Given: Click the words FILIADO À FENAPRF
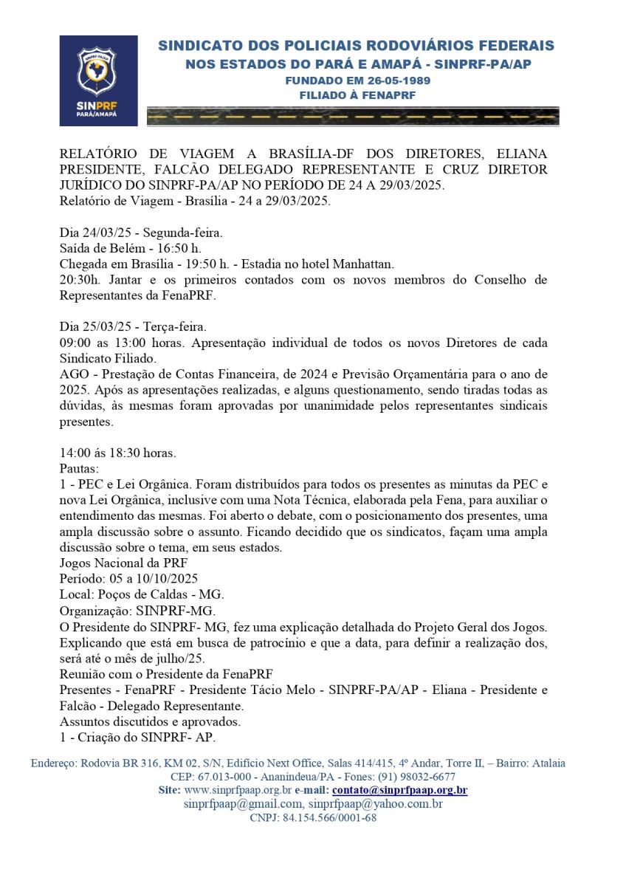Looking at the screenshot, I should [357, 95].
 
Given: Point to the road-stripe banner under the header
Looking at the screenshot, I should [353, 116].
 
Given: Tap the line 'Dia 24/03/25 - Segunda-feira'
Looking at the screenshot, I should [141, 233].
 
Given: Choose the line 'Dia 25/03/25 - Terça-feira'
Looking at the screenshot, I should [133, 326].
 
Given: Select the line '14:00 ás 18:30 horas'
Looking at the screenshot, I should [118, 453].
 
